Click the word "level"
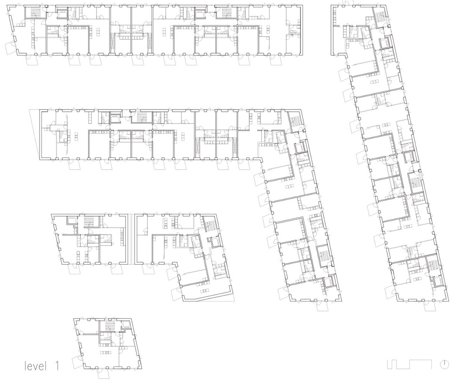coord(35,366)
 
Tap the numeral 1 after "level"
coord(57,366)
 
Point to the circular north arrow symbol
coord(444,365)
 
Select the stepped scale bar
coord(409,364)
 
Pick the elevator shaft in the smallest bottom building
coord(126,325)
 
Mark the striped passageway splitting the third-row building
coord(131,239)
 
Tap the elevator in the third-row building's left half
coord(71,220)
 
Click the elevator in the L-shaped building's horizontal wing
coord(115,118)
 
